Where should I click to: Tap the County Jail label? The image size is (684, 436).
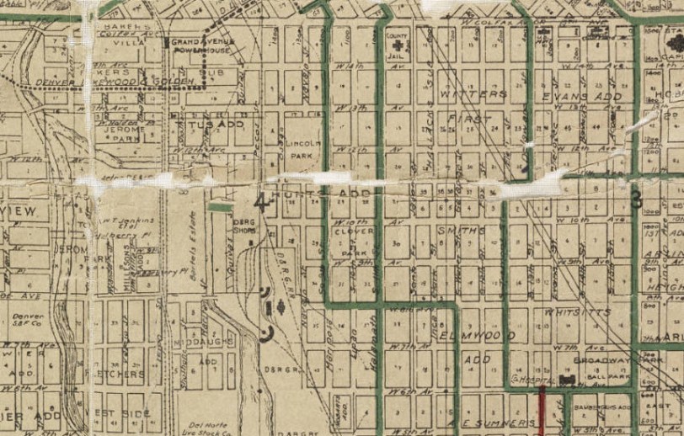point(396,40)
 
